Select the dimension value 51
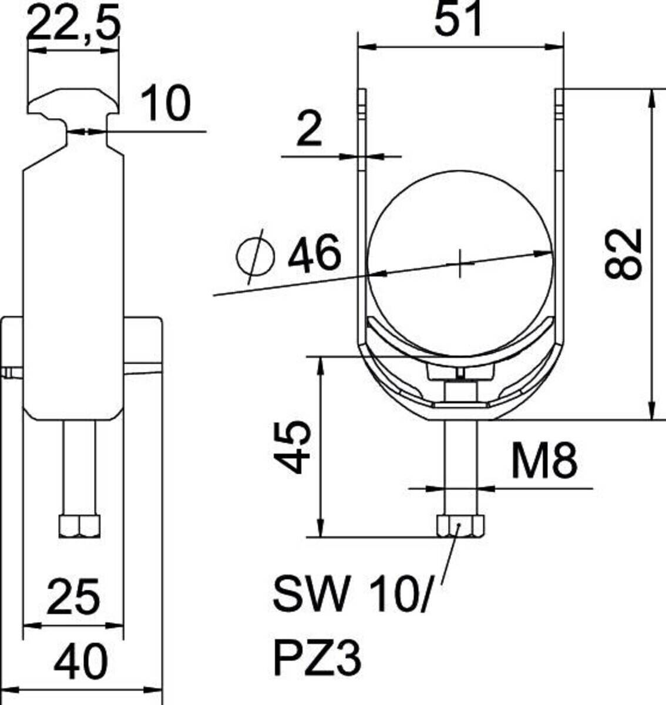458,19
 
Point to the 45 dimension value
292,446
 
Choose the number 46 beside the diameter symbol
314,254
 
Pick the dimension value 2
309,130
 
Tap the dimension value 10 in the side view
167,104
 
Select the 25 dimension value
73,596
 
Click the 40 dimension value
81,661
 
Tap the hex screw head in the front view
460,526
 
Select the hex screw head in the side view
79,526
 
